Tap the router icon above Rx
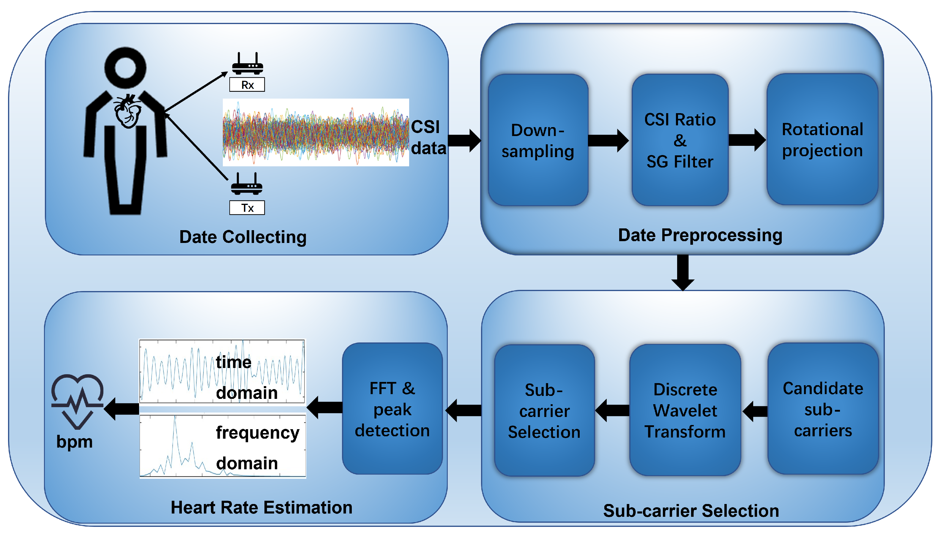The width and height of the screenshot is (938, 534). pos(247,64)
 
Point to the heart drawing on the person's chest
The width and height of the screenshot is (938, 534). pos(127,111)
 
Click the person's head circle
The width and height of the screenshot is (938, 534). pos(125,67)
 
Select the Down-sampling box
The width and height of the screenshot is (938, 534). pos(537,140)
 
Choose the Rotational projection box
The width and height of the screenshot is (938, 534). pos(822,139)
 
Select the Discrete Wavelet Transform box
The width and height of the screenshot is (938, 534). pos(685,410)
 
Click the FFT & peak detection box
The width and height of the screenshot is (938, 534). pos(392,409)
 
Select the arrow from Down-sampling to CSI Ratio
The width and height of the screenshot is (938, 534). pos(608,140)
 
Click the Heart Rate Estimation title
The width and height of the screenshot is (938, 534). pos(261,507)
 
